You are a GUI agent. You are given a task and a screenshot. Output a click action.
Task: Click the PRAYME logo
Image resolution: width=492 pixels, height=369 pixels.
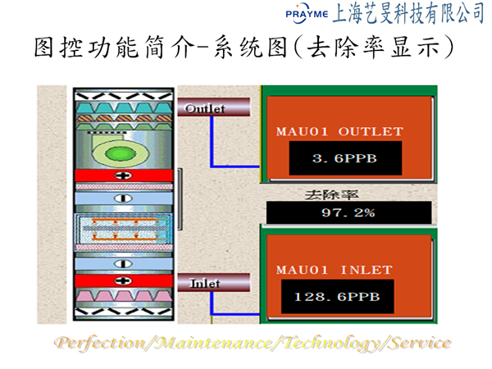307,13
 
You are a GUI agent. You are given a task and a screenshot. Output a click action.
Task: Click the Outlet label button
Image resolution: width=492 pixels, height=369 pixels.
214,107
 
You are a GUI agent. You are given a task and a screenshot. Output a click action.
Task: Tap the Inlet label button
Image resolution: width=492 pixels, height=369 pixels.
214,282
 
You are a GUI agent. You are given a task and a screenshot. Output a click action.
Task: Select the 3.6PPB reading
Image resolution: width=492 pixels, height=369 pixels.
345,158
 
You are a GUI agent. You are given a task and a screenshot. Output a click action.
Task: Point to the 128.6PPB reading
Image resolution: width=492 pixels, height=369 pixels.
337,297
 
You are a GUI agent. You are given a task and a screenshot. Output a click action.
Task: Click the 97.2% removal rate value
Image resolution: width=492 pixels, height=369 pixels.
348,212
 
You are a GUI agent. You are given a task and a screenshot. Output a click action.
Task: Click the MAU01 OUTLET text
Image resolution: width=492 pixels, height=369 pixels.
339,131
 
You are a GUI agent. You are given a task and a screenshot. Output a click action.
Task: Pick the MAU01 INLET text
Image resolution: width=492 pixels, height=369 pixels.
335,270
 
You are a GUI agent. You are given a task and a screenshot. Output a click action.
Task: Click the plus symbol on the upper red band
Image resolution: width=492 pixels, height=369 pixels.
123,175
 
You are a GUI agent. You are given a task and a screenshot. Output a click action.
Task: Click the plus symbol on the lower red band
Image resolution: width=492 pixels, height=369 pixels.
123,280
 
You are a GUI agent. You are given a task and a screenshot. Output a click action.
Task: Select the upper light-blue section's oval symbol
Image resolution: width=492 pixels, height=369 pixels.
123,198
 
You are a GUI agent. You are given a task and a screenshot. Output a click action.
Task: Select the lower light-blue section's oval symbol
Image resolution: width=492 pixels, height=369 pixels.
123,264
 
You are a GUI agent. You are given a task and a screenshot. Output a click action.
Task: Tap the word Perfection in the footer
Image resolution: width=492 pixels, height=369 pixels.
100,343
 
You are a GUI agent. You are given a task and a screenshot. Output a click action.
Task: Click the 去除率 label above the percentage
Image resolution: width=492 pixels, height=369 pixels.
331,195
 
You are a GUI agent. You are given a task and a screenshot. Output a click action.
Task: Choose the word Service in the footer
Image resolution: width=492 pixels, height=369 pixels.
420,343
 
